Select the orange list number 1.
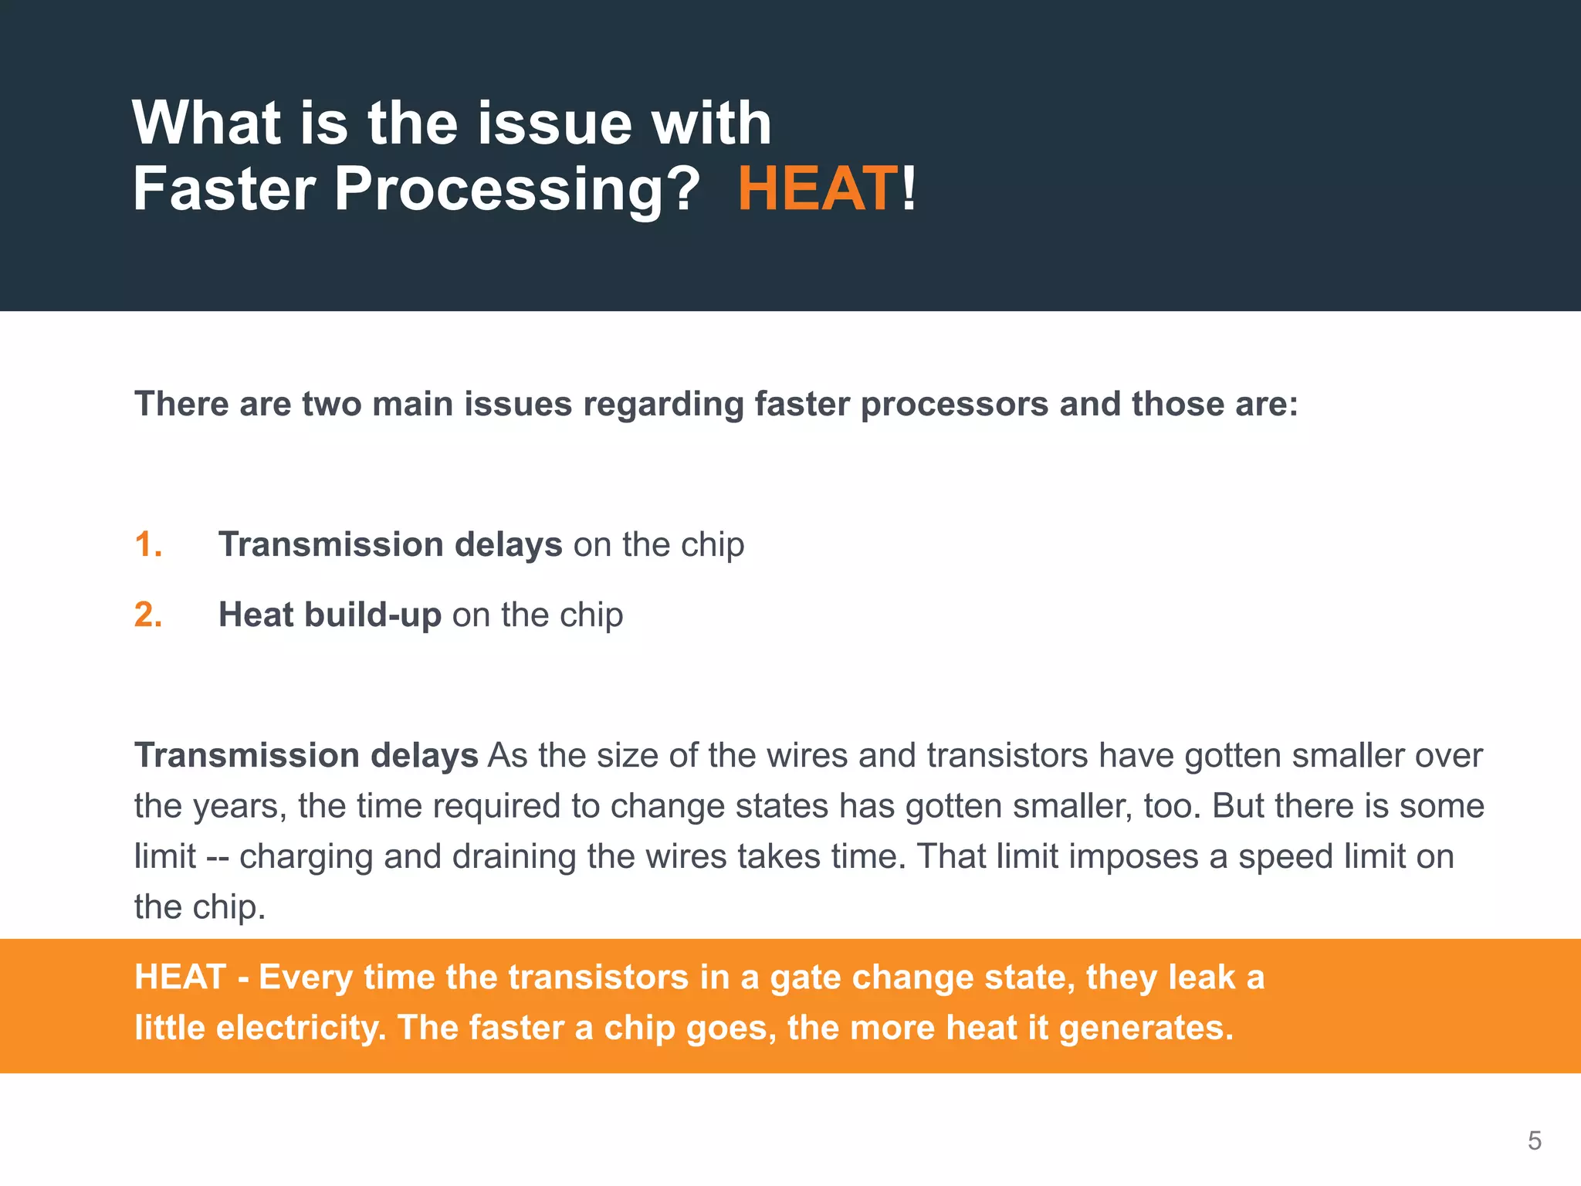(147, 544)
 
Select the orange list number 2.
(147, 615)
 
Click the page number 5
(1534, 1140)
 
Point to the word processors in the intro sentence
(953, 405)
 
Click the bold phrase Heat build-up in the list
(330, 615)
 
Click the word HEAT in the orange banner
(180, 978)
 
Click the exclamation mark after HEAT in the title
(909, 189)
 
